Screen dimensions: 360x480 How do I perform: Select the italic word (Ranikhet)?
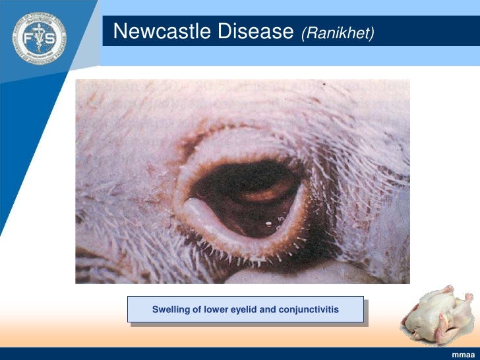(338, 33)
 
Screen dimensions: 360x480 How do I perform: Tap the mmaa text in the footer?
(463, 355)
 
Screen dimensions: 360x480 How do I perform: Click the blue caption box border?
(246, 297)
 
